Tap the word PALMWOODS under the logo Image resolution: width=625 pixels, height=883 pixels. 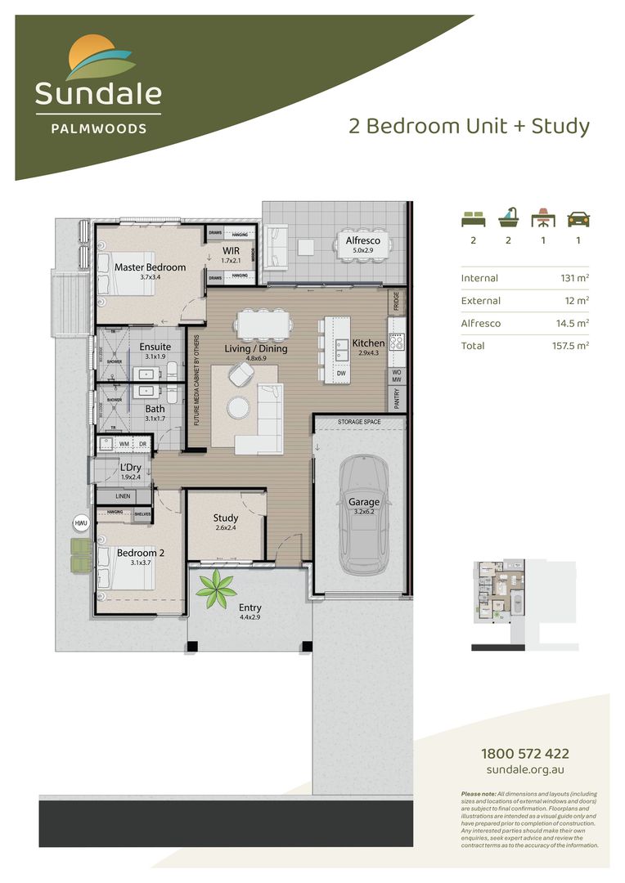pyautogui.click(x=97, y=128)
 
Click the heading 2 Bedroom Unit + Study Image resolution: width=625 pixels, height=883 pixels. pyautogui.click(x=469, y=126)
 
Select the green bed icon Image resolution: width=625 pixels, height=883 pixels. pyautogui.click(x=472, y=218)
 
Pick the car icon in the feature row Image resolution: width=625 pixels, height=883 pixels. pyautogui.click(x=578, y=218)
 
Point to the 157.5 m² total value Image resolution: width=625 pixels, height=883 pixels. pyautogui.click(x=570, y=346)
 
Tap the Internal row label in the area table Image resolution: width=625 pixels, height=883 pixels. pyautogui.click(x=479, y=278)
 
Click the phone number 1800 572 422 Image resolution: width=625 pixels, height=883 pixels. pyautogui.click(x=524, y=754)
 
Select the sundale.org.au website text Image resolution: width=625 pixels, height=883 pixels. pyautogui.click(x=524, y=770)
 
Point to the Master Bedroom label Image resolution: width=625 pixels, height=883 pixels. pyautogui.click(x=150, y=267)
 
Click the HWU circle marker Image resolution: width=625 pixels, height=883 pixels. pyautogui.click(x=80, y=522)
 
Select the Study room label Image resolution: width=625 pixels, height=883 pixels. pyautogui.click(x=226, y=518)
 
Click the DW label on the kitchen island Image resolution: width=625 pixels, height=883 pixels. pyautogui.click(x=341, y=373)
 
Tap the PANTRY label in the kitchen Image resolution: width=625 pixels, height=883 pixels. pyautogui.click(x=396, y=398)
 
